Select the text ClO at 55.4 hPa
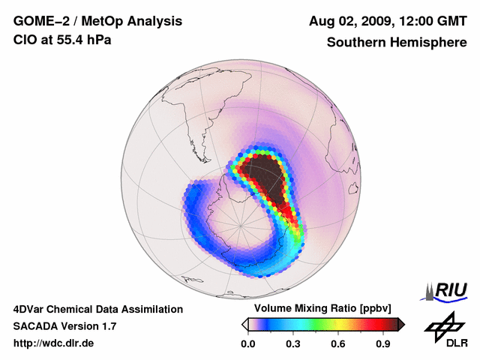point(62,40)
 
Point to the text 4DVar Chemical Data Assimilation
point(97,309)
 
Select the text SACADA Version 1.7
point(64,326)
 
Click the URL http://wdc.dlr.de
point(54,343)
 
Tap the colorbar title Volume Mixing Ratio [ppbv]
point(323,309)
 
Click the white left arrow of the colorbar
point(244,324)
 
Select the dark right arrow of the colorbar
point(401,324)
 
